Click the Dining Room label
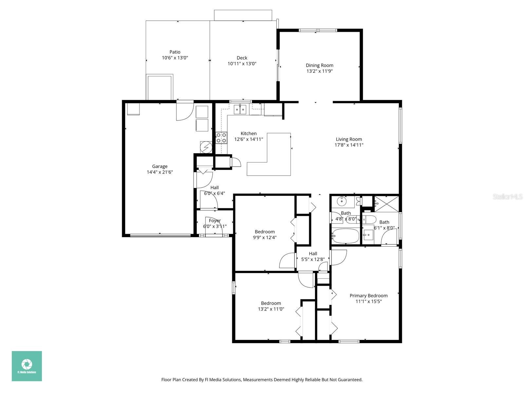pyautogui.click(x=319, y=65)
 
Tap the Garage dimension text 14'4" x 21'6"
pyautogui.click(x=159, y=172)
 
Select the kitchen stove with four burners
pyautogui.click(x=221, y=138)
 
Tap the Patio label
pyautogui.click(x=175, y=52)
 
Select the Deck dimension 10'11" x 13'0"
pyautogui.click(x=242, y=64)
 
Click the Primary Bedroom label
pyautogui.click(x=368, y=295)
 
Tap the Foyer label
pyautogui.click(x=215, y=220)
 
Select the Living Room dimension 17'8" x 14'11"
pyautogui.click(x=349, y=145)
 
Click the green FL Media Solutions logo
pyautogui.click(x=27, y=366)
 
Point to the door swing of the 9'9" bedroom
pyautogui.click(x=287, y=261)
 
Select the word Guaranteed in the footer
pyautogui.click(x=350, y=380)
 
